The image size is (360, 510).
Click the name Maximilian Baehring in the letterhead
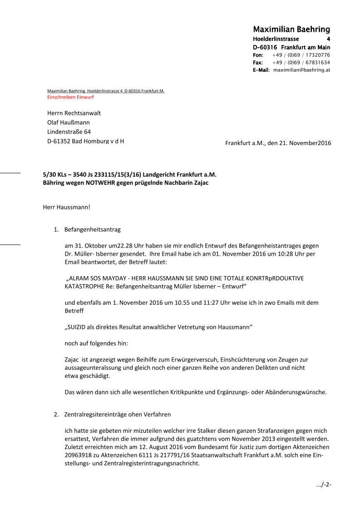pos(291,30)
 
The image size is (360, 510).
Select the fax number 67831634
pos(317,63)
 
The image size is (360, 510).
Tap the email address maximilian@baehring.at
pos(301,70)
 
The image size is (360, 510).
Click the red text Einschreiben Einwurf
pos(70,97)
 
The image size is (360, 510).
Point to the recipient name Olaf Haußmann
pos(69,122)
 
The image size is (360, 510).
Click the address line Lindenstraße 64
pos(69,132)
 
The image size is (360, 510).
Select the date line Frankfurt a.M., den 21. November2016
pos(278,143)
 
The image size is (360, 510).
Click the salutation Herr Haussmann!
pos(66,208)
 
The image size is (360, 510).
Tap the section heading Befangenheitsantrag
pos(93,229)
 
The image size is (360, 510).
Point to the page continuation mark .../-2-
pos(323,485)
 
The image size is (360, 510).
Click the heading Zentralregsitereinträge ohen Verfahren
pos(118,415)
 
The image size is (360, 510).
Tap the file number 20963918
pos(79,456)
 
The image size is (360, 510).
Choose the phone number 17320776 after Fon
pos(317,55)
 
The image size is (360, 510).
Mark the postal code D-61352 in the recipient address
pos(58,141)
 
